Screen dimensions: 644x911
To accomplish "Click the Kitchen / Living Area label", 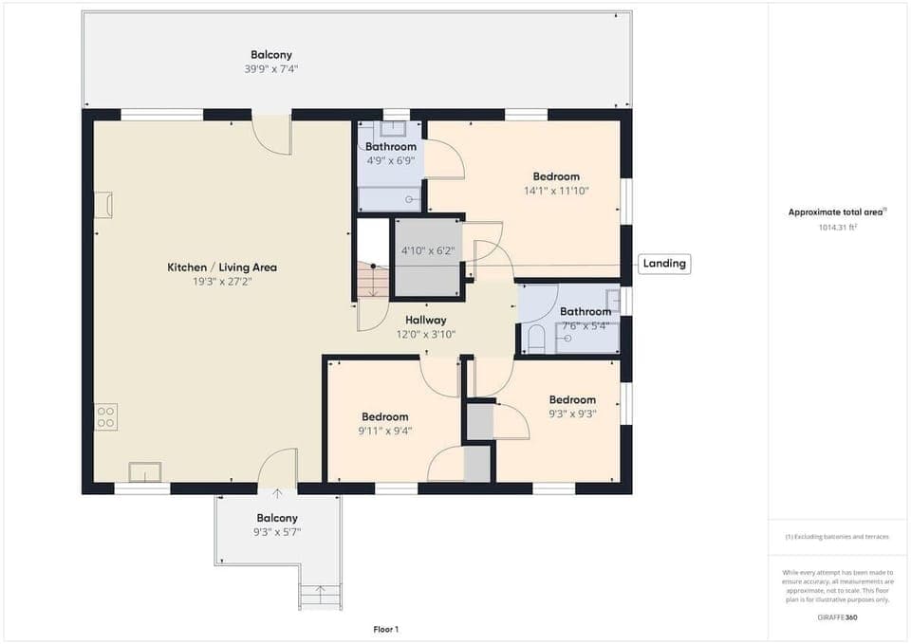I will (x=222, y=267).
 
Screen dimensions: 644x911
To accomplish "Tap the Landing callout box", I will (x=663, y=264).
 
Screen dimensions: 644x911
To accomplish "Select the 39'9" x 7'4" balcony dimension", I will (x=271, y=69).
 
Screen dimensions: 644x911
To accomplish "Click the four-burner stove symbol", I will (x=105, y=416).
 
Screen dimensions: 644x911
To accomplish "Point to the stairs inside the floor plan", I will (x=372, y=281).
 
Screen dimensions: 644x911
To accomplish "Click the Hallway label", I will (x=425, y=321).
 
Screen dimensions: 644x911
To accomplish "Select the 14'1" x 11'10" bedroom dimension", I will (x=556, y=191).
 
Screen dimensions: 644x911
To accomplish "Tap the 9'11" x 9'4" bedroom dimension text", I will (x=384, y=431).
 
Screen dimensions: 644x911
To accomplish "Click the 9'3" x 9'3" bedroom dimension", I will (x=572, y=414).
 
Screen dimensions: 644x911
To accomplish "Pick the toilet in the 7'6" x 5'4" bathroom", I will (x=534, y=339).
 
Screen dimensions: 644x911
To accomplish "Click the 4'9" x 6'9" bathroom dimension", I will (x=391, y=160).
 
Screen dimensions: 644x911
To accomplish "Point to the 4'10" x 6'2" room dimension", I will (x=428, y=251).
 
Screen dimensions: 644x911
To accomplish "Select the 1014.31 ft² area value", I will (x=837, y=228).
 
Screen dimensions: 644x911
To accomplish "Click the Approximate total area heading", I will (x=836, y=212).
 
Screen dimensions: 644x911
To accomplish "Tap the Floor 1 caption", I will (x=384, y=629).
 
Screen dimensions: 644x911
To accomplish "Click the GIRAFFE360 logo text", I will (x=837, y=616).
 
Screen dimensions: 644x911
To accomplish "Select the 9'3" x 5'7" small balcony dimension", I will (x=277, y=532).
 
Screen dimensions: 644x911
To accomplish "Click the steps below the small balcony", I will (x=320, y=596).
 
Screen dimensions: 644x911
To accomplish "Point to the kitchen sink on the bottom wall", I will (x=145, y=471).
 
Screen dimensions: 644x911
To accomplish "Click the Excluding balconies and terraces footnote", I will (x=837, y=537).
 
